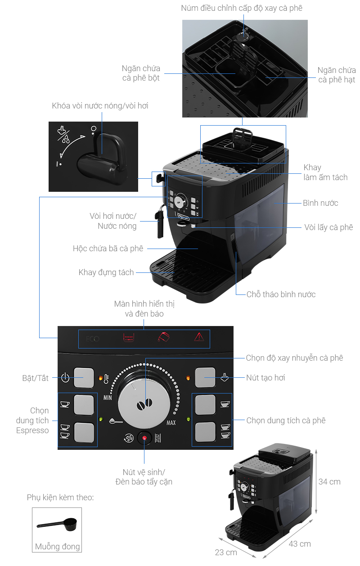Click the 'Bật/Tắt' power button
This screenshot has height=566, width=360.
point(84,377)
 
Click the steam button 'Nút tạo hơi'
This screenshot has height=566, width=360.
point(205,377)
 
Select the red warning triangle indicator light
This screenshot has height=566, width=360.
point(198,337)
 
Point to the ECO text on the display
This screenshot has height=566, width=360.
point(92,338)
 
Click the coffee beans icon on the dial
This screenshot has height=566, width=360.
point(145,404)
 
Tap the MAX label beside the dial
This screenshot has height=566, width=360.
point(171,423)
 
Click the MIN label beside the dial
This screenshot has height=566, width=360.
point(108,398)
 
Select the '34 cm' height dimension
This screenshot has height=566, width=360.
point(329,481)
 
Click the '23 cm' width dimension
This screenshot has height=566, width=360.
point(225,552)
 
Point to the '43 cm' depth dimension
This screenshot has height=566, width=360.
point(300,543)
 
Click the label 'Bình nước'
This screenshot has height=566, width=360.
point(320,203)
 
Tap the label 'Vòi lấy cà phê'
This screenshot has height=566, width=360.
point(328,227)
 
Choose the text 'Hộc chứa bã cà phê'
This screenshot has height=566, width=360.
point(108,248)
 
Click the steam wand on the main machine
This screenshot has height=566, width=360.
point(159,224)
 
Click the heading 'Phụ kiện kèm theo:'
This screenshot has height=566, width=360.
point(60,497)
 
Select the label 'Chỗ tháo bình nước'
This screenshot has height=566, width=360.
point(281,294)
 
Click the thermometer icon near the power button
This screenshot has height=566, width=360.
point(107,378)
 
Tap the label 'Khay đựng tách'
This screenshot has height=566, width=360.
point(106,272)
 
